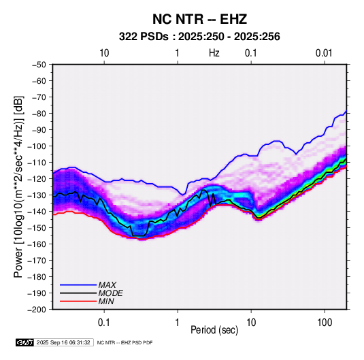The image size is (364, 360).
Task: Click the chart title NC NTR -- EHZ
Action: [199, 19]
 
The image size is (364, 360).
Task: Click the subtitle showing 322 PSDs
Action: [199, 37]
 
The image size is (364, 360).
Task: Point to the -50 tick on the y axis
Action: [39, 65]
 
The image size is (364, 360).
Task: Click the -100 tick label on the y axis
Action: [37, 146]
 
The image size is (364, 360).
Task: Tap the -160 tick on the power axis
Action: [37, 244]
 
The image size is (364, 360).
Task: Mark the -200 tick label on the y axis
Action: [37, 310]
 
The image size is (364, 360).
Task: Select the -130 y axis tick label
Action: [37, 195]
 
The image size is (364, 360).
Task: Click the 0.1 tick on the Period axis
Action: [104, 323]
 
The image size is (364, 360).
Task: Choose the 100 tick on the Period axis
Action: [325, 323]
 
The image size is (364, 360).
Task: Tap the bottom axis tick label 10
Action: [251, 323]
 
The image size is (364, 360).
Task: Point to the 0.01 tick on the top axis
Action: [324, 53]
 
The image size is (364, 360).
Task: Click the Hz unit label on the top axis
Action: [214, 53]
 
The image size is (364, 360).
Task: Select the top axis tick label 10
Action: [104, 53]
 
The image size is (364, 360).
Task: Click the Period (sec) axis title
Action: [214, 330]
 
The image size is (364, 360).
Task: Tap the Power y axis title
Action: [18, 187]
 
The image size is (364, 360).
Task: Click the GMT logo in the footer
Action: [25, 342]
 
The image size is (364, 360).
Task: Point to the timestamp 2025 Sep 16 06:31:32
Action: [63, 342]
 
